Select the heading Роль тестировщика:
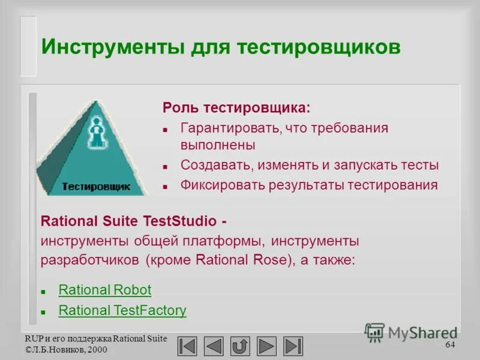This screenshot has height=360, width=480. coord(236,109)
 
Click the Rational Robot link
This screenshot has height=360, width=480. coord(105,290)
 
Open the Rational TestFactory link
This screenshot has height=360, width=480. coord(122,311)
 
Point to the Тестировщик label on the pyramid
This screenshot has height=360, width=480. coord(95,187)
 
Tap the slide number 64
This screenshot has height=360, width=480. coord(450,345)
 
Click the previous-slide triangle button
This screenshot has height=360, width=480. coord(214,346)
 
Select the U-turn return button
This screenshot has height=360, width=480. coord(240,346)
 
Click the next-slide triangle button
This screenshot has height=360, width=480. coord(266,346)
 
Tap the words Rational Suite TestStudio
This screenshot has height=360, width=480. coord(128,220)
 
